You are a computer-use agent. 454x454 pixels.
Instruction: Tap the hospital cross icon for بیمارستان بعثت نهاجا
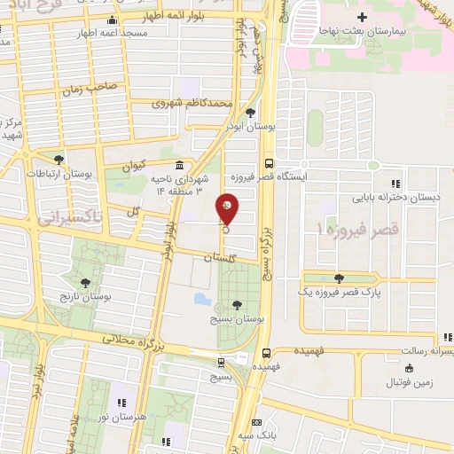[362, 17]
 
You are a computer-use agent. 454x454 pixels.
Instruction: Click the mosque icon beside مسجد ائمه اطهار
[111, 21]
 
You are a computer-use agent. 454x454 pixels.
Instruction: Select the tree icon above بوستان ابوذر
[251, 113]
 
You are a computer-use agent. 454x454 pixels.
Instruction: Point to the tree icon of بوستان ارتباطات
[59, 160]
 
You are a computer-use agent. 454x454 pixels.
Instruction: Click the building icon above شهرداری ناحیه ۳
[180, 166]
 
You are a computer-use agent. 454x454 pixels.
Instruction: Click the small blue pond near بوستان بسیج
[200, 298]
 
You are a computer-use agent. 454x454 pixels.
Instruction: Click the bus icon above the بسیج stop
[221, 362]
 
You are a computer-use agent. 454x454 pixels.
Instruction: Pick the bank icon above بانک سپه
[256, 423]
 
